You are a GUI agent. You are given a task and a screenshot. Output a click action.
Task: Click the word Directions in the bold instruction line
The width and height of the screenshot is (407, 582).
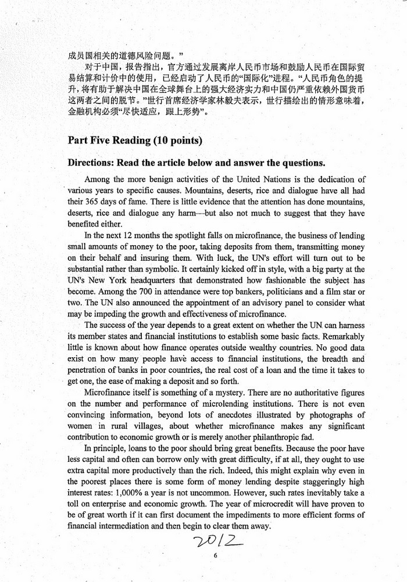tap(91, 162)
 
